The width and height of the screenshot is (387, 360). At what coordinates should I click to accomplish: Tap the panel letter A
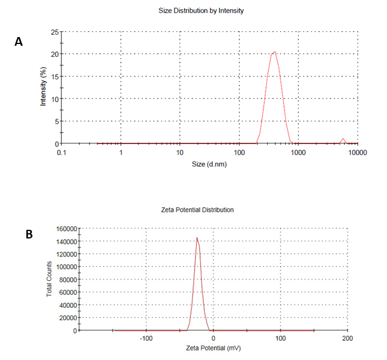tap(19, 42)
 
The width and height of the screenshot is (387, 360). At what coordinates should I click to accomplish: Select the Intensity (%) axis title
tap(42, 87)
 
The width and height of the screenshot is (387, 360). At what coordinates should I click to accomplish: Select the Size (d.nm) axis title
tap(209, 164)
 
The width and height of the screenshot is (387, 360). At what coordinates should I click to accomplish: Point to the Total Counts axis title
tap(49, 279)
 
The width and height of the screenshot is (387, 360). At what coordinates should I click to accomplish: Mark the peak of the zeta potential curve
tap(197, 237)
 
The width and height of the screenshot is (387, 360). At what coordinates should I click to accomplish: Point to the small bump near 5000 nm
tap(343, 139)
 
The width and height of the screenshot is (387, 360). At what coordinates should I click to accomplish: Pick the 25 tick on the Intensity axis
tap(54, 32)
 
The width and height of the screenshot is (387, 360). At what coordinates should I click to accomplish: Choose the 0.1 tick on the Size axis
tap(61, 152)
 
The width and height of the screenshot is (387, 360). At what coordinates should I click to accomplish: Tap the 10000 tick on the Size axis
tap(358, 152)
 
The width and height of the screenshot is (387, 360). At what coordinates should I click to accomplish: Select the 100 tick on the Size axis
tap(239, 152)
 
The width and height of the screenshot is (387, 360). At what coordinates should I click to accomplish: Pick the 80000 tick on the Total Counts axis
tap(67, 279)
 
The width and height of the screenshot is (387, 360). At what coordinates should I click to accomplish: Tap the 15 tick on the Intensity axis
tap(54, 76)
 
